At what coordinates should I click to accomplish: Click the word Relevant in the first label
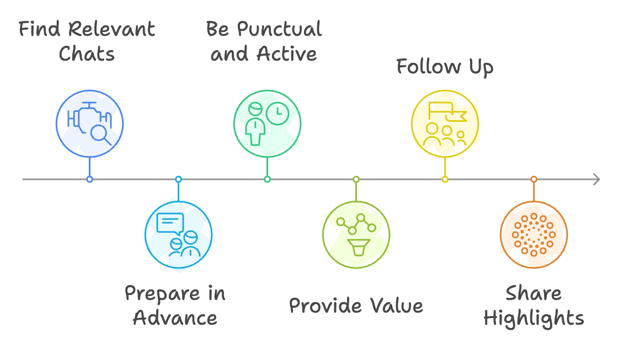click(111, 29)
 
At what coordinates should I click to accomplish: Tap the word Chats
click(87, 53)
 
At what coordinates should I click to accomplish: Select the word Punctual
click(279, 29)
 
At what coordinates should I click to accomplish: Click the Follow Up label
click(445, 67)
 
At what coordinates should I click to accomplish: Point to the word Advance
click(175, 318)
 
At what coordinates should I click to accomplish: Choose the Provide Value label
click(356, 305)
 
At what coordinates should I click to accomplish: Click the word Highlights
click(534, 319)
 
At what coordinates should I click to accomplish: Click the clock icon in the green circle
click(278, 114)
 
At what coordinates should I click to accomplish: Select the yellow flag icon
click(447, 111)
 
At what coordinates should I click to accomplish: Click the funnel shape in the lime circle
click(359, 247)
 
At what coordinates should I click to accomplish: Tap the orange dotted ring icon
click(534, 235)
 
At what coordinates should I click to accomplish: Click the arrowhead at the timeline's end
click(596, 179)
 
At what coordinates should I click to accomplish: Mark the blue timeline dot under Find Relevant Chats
click(89, 179)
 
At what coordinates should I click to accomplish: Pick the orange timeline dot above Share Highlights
click(534, 179)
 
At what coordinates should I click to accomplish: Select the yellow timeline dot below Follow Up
click(445, 179)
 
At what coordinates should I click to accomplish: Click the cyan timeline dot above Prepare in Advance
click(178, 179)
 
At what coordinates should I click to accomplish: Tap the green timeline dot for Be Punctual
click(267, 179)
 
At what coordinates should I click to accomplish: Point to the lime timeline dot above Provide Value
click(356, 179)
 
